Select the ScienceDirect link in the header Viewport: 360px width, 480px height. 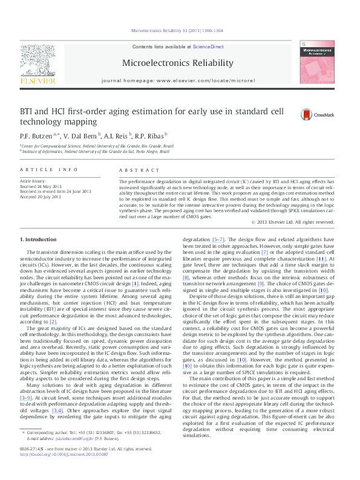coord(210,47)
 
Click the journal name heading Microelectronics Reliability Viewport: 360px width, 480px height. coord(177,63)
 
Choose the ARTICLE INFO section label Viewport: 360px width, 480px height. coord(49,170)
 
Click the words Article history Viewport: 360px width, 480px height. coord(34,181)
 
